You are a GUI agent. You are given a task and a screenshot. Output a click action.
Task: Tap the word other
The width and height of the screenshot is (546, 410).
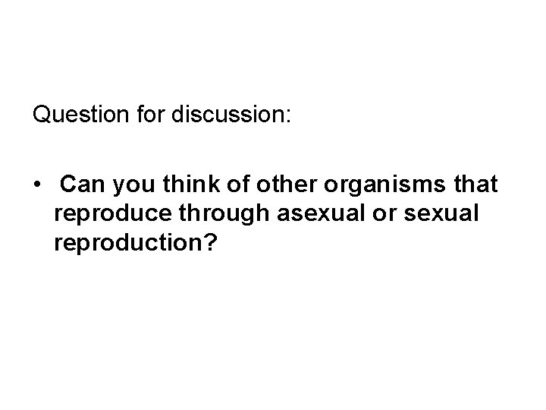pos(281,184)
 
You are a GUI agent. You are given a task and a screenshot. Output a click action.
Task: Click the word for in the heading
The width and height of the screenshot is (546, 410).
pos(152,116)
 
